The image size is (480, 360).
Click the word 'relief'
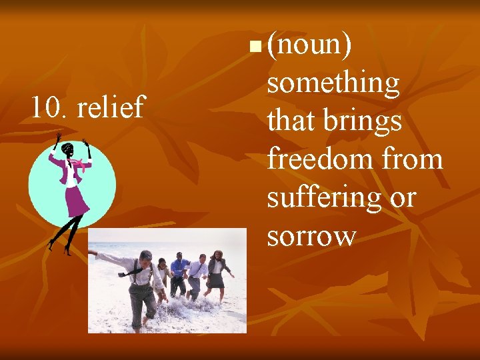coord(111,107)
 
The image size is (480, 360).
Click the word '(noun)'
coord(310,46)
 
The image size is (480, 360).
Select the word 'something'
coord(333,84)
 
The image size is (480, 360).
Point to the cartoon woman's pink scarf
coord(83,163)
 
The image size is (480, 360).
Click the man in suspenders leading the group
coord(141,283)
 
